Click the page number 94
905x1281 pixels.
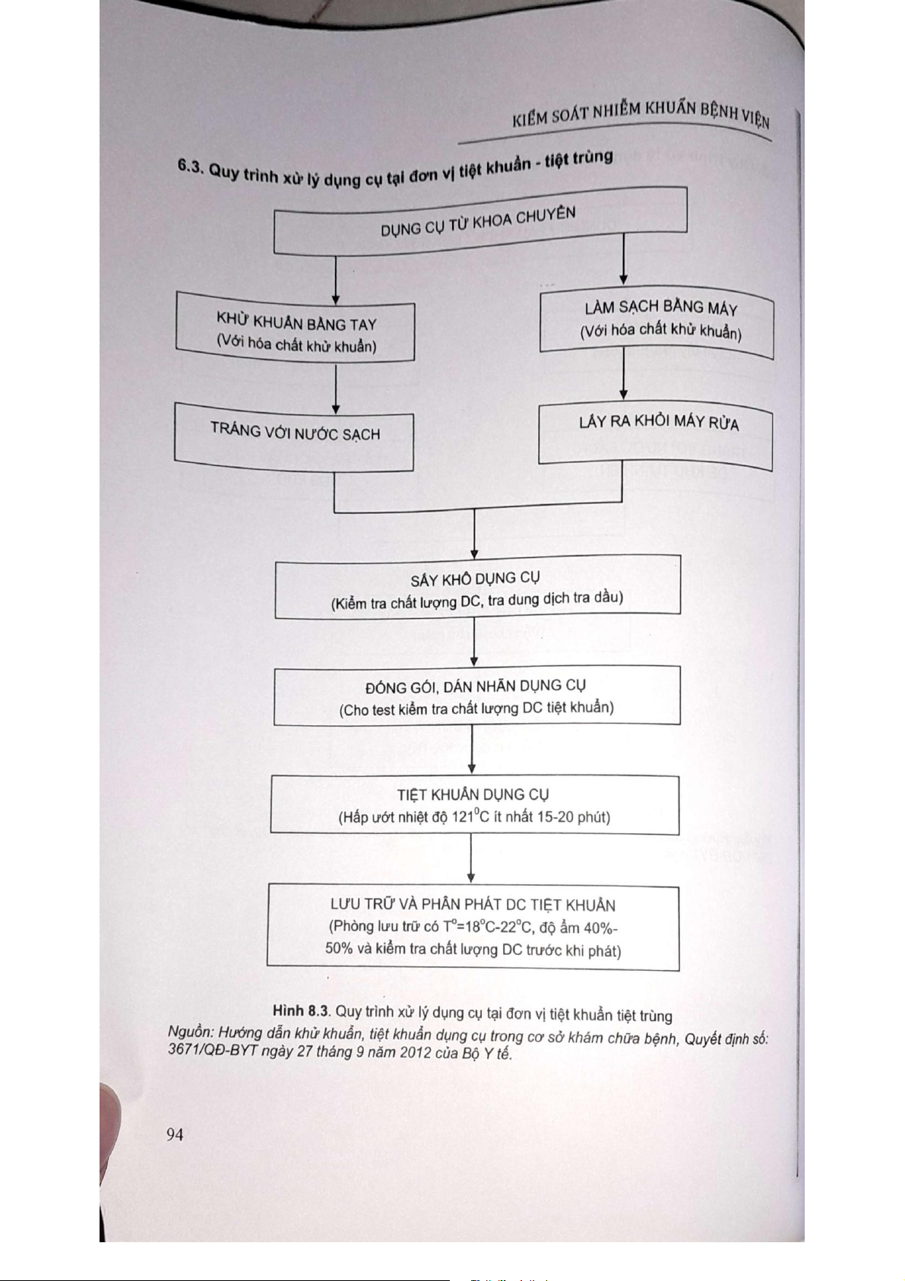[175, 1134]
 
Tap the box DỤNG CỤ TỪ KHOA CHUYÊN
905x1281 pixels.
[479, 221]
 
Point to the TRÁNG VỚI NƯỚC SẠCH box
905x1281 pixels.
[295, 435]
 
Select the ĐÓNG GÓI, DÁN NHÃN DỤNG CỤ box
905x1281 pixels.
[476, 696]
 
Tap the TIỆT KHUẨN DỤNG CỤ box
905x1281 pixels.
[473, 805]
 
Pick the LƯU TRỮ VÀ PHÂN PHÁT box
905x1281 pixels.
[473, 927]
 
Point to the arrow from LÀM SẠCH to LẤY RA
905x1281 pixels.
[623, 374]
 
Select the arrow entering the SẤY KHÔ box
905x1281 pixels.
[474, 536]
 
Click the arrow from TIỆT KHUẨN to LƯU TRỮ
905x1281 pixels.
[471, 859]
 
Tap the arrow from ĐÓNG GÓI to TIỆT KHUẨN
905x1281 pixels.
[472, 750]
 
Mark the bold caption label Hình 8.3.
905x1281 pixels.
[302, 1010]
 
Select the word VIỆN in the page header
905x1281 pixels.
[754, 119]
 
